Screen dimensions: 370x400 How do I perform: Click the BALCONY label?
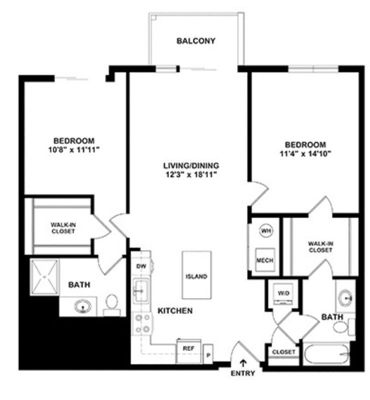[x=196, y=41]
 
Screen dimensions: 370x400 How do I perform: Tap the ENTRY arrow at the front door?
[x=242, y=362]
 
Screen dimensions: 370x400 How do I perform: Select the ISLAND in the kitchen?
[x=196, y=274]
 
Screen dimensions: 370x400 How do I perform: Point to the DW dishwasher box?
[x=141, y=266]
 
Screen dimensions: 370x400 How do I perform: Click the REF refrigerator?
[x=189, y=351]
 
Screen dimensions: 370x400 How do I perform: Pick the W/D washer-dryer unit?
[x=283, y=293]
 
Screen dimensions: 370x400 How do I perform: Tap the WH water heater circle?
[x=266, y=230]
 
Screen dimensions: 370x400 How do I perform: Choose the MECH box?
[x=265, y=259]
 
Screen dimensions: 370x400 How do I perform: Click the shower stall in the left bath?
[x=45, y=277]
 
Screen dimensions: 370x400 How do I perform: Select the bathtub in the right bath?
[x=326, y=353]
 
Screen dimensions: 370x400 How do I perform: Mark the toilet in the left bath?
[x=112, y=305]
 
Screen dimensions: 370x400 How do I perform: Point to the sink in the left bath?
[x=83, y=306]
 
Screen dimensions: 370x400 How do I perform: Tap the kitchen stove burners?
[x=143, y=323]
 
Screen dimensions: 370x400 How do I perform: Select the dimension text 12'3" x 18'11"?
[x=191, y=174]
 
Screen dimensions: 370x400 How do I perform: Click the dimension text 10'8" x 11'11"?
[x=74, y=149]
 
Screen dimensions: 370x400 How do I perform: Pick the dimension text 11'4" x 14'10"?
[x=305, y=154]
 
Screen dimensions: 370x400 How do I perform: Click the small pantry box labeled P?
[x=208, y=354]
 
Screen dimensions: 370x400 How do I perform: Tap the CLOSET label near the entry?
[x=283, y=352]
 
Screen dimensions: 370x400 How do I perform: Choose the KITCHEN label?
[x=175, y=310]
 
